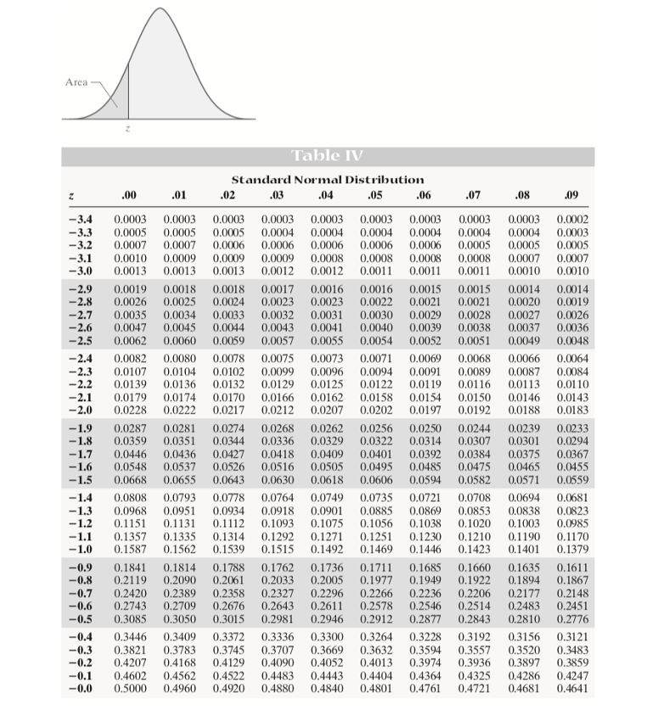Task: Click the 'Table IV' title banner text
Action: click(327, 156)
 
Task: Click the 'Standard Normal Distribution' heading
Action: click(328, 180)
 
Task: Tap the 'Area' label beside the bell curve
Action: click(76, 82)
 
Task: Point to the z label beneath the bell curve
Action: click(127, 130)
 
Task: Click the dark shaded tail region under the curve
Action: click(120, 100)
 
